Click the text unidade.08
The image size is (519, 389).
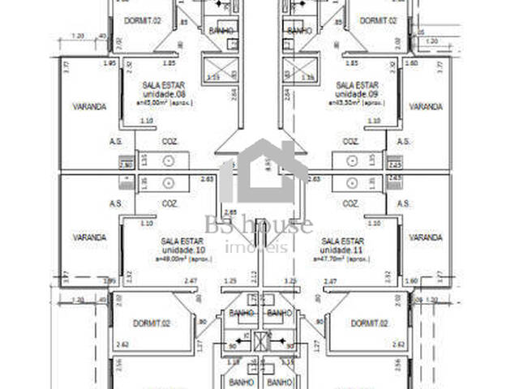[x=157, y=93]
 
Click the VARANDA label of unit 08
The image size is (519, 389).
[x=88, y=106]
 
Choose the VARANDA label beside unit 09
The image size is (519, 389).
[x=425, y=106]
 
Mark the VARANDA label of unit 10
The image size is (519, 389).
[x=88, y=237]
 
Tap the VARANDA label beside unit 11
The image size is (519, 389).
[x=425, y=237]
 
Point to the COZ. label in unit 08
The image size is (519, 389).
[x=169, y=141]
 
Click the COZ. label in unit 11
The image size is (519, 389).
[x=350, y=203]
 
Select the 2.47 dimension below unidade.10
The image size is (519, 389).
[x=191, y=280]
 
